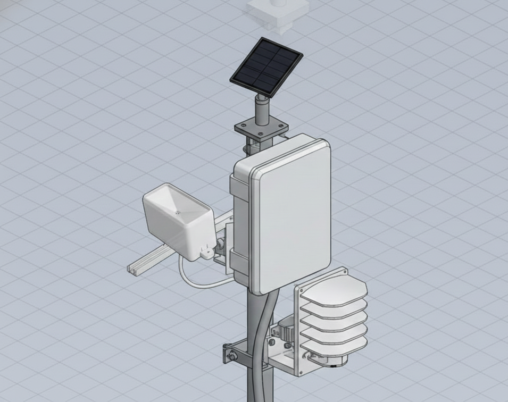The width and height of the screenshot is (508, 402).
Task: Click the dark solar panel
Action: tap(266, 68)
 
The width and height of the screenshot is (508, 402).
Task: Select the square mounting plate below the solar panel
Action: tap(262, 128)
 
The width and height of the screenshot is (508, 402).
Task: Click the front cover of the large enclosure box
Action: tap(293, 215)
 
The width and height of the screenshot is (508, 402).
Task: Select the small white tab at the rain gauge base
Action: tap(204, 254)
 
